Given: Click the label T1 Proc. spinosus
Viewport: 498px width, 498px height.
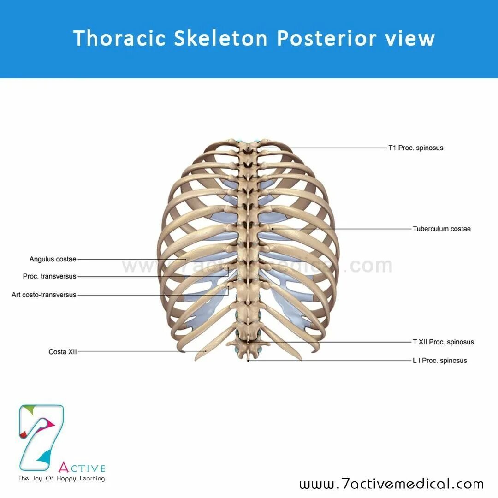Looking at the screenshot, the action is (x=415, y=148).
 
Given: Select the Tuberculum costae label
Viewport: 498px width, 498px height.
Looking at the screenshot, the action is (x=442, y=229).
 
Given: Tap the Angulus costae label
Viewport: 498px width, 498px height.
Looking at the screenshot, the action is (x=53, y=259).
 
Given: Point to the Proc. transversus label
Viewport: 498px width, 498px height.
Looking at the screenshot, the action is (x=50, y=277).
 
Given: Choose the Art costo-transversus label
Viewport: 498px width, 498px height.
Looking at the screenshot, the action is (x=44, y=295).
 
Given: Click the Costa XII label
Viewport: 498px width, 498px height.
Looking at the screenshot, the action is (x=63, y=352).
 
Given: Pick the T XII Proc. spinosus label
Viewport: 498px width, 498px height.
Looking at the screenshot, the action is (x=443, y=342).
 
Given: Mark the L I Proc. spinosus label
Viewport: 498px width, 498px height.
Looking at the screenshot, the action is (x=439, y=361).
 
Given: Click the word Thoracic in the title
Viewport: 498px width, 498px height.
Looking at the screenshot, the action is (x=119, y=38).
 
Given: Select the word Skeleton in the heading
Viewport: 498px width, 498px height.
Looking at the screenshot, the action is (x=221, y=38).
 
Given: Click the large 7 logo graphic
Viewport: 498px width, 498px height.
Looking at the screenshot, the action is (x=41, y=434).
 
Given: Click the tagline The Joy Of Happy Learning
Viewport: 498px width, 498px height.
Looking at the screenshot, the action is (x=62, y=479).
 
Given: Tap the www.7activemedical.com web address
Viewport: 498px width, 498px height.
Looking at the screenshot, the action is (x=391, y=484).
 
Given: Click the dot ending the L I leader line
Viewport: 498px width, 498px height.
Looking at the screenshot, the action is (x=249, y=361).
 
